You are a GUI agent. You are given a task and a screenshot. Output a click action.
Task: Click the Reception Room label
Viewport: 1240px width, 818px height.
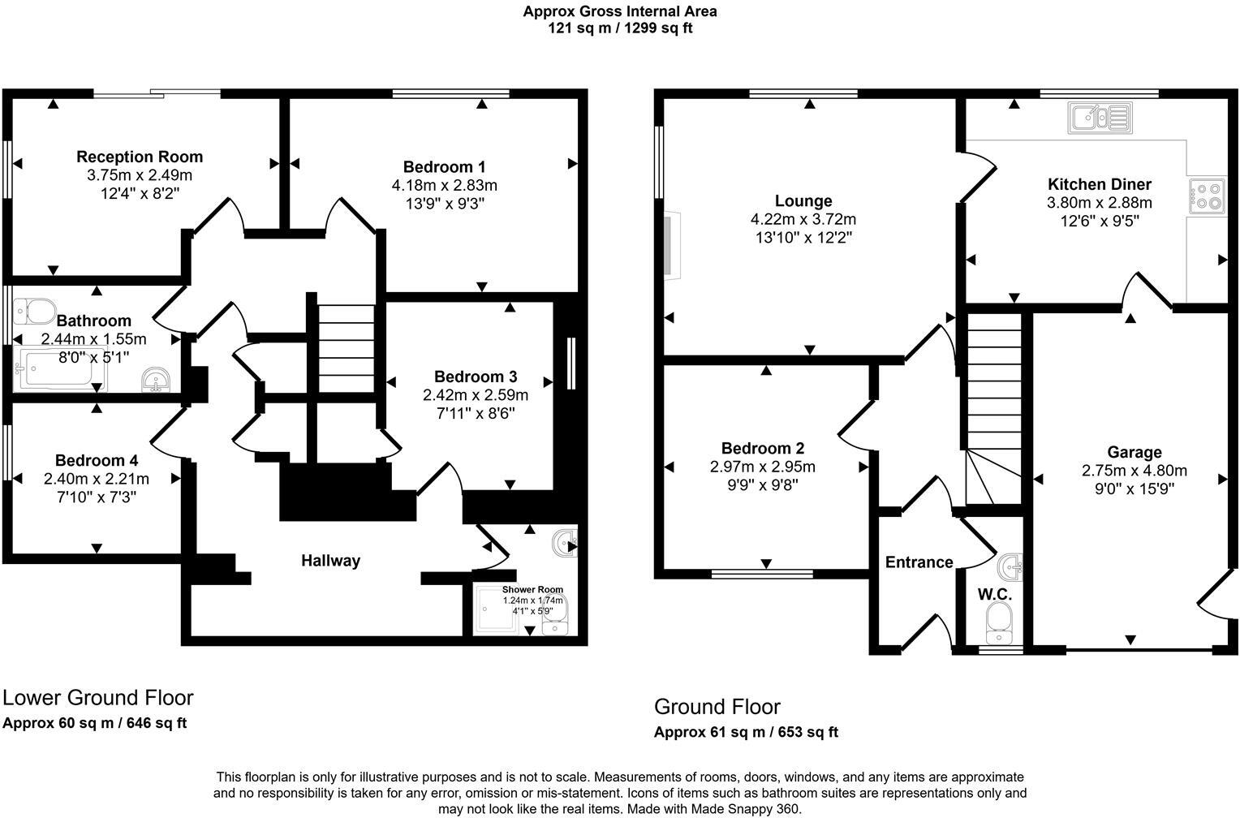tap(140, 157)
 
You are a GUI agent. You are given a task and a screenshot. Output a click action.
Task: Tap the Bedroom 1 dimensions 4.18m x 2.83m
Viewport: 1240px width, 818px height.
tap(444, 185)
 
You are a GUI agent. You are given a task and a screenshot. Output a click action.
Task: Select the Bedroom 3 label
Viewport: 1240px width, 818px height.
tap(475, 377)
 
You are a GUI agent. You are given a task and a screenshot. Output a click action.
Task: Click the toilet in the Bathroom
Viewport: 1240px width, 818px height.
tap(34, 310)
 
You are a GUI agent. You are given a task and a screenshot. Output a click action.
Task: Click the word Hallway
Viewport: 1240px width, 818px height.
tap(330, 560)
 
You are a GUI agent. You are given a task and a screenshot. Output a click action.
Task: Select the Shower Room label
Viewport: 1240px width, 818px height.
tap(532, 590)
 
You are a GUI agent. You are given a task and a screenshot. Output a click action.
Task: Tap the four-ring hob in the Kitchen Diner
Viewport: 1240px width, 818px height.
tap(1207, 196)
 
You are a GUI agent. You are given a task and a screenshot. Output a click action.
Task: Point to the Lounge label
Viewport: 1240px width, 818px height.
tap(803, 200)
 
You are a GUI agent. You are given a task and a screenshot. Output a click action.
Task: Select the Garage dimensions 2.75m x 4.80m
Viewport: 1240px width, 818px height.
tap(1134, 470)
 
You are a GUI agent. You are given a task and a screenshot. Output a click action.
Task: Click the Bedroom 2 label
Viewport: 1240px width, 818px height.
tap(763, 448)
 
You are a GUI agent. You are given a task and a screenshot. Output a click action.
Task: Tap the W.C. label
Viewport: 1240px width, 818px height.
tap(994, 594)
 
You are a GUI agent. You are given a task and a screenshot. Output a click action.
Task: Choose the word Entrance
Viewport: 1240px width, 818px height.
tap(919, 562)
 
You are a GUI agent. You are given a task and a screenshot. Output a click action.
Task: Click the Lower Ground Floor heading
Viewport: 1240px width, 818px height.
tap(98, 697)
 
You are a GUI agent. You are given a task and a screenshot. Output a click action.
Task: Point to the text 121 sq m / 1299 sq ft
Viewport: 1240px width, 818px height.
tap(620, 28)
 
